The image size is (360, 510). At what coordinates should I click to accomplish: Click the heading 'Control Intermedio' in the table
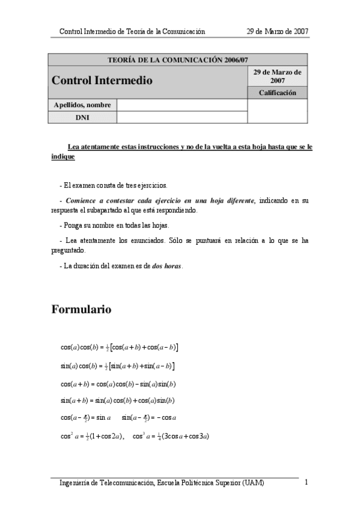[102, 81]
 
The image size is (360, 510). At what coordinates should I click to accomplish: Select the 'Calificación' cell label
[277, 93]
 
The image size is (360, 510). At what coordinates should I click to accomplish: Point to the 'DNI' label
[82, 117]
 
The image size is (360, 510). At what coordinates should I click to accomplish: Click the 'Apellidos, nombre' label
[82, 105]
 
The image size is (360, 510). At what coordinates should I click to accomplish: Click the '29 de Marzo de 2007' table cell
[277, 76]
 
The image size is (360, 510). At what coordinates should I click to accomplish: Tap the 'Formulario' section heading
[81, 310]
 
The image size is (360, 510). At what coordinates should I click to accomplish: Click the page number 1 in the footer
[307, 482]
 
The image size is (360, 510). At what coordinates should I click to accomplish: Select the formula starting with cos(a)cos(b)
[119, 348]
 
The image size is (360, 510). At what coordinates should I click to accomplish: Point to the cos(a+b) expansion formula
[118, 384]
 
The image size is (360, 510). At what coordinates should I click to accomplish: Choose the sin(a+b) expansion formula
[117, 400]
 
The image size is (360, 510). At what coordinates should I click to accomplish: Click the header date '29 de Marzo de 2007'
[278, 31]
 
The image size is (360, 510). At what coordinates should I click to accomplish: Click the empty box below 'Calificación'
[277, 111]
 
